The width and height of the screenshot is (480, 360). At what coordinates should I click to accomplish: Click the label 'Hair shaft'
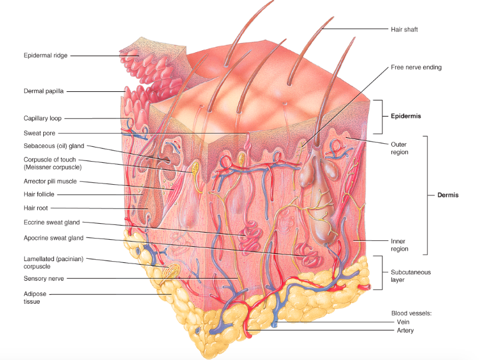404,29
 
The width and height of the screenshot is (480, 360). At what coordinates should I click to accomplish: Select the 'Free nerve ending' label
415,67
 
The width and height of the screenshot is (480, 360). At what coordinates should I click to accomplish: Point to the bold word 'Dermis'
449,195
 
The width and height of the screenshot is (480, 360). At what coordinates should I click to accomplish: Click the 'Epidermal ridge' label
46,56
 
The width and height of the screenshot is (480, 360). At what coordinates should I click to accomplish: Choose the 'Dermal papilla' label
44,91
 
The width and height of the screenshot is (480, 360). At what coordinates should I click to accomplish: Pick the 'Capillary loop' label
43,118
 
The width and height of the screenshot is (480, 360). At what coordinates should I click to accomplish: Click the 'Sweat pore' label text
39,133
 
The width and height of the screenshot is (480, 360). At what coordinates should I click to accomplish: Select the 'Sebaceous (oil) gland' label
54,146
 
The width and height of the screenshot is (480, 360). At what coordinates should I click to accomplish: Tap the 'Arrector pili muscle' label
53,181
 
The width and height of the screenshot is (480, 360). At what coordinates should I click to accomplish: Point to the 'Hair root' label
36,208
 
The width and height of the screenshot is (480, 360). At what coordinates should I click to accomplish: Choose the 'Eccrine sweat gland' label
51,223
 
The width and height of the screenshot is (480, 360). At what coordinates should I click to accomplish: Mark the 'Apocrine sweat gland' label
53,238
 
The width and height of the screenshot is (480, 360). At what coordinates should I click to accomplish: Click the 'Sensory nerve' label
44,278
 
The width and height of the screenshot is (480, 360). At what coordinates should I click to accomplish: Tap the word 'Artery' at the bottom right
405,330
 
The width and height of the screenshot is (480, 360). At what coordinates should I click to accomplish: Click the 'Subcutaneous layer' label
410,276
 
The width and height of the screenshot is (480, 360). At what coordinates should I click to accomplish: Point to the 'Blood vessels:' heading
411,313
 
